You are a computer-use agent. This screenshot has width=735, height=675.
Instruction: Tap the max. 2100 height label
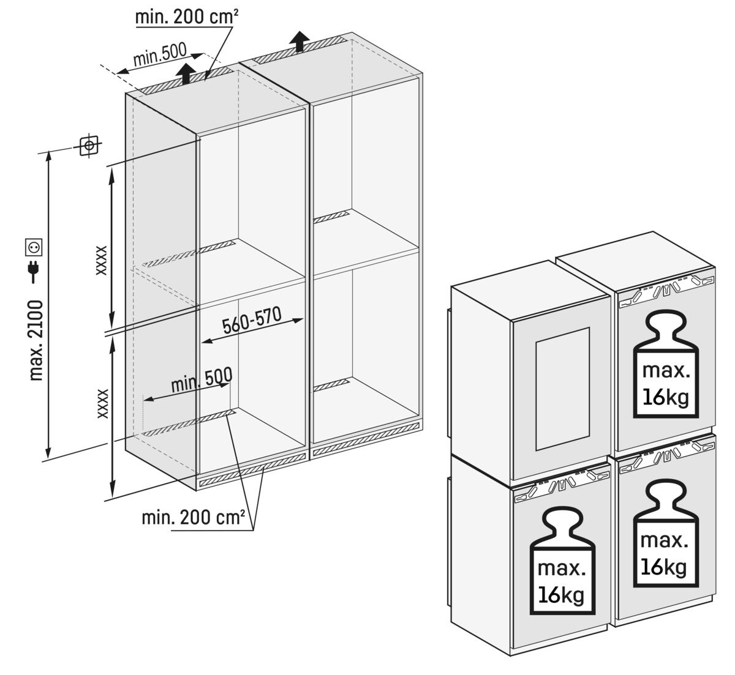[37, 339]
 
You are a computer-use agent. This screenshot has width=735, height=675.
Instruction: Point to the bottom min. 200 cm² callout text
[194, 519]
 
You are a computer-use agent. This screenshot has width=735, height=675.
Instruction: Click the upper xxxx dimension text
[102, 260]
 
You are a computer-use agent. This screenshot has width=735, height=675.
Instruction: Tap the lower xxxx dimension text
[102, 403]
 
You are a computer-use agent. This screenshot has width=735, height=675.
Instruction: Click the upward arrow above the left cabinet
[184, 74]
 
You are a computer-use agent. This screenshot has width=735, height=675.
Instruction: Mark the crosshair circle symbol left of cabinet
[89, 146]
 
